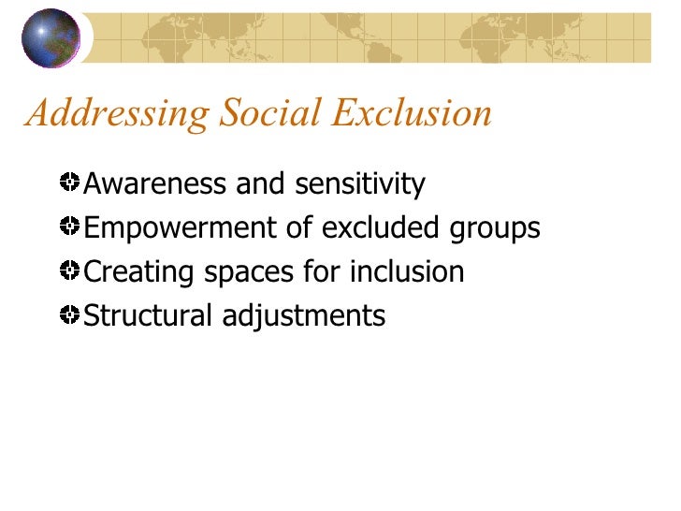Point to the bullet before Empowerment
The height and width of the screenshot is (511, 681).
pyautogui.click(x=70, y=226)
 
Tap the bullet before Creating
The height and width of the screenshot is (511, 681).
pyautogui.click(x=70, y=270)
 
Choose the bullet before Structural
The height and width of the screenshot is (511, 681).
pyautogui.click(x=70, y=314)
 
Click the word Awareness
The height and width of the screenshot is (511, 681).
pyautogui.click(x=155, y=184)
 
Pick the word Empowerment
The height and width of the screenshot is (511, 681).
pyautogui.click(x=176, y=229)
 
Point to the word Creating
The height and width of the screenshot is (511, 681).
pyautogui.click(x=138, y=272)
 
